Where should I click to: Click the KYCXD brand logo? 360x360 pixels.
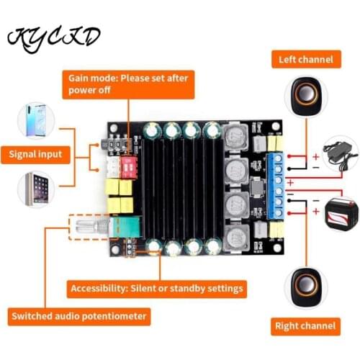(x=54, y=37)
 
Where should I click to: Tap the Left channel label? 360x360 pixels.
(x=306, y=59)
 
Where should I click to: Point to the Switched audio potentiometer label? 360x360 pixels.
(x=79, y=315)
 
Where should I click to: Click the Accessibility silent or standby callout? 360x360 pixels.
(x=157, y=289)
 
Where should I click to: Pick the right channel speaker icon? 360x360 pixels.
(x=305, y=287)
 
